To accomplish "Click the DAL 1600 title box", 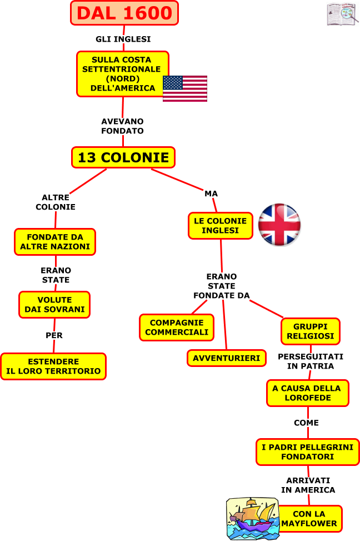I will click(124, 13).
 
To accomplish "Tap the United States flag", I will click(185, 88).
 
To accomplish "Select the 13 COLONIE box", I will click(123, 157).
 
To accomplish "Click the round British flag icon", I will click(279, 225).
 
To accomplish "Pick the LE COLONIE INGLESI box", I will click(220, 226).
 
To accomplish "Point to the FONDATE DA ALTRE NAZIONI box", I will click(55, 242).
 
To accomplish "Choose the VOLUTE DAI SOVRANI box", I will click(54, 305).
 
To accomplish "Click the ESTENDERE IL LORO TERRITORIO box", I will click(53, 366).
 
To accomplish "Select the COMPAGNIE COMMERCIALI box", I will click(177, 327).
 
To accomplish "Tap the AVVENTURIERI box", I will click(226, 359).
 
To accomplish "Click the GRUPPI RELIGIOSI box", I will click(310, 331).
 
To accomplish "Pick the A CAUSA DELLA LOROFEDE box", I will click(307, 393).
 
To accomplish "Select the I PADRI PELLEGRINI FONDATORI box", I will click(307, 452).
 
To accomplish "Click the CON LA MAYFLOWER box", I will click(309, 519).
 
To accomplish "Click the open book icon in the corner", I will click(342, 14).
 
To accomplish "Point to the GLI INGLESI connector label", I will click(123, 39).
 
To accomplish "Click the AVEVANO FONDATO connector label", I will click(122, 126).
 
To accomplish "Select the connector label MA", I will click(211, 193).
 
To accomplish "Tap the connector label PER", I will click(54, 335).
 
